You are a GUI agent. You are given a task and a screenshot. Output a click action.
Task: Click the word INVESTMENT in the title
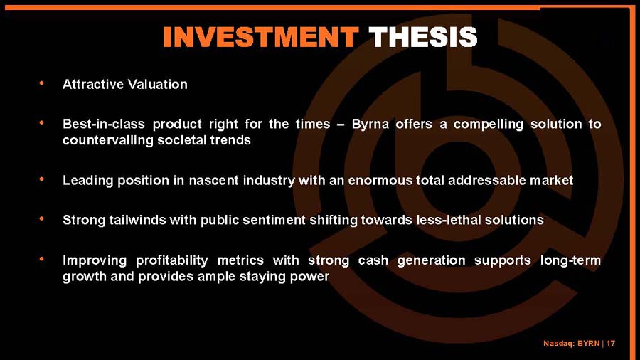point(260,37)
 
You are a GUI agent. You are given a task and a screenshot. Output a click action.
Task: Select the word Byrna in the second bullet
point(370,125)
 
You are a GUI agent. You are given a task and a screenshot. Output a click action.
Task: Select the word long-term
point(570,260)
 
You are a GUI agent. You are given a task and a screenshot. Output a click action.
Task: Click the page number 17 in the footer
point(611,344)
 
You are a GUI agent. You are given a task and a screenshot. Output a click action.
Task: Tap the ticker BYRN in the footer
point(587,344)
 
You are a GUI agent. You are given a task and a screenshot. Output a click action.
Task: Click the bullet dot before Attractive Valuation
point(43,84)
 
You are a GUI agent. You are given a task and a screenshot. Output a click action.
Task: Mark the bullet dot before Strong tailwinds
point(43,220)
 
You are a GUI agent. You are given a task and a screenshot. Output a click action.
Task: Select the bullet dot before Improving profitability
point(43,260)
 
